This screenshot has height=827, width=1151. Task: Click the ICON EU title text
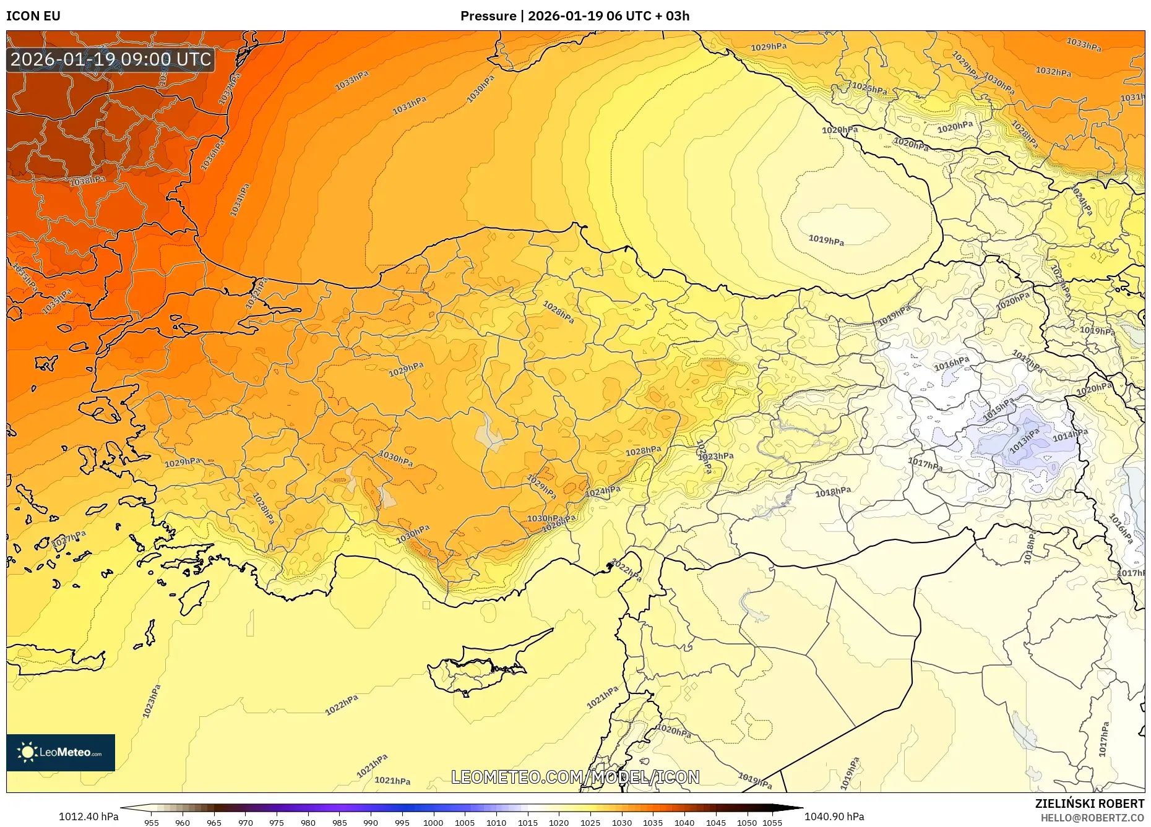coord(33,16)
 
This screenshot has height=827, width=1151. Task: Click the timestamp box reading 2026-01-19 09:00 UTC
coord(111,59)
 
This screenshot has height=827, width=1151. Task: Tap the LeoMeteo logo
coord(61,752)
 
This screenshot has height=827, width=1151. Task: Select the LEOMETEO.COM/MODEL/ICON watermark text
coord(575,777)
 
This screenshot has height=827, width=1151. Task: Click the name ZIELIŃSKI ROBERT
coord(1089,803)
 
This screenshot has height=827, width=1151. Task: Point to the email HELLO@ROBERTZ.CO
coord(1092,818)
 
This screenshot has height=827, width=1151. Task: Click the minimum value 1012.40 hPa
coord(88,816)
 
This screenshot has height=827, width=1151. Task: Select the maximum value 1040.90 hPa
coord(834,816)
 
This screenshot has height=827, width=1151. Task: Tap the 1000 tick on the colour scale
coord(433,823)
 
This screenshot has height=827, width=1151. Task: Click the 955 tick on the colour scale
coord(151,823)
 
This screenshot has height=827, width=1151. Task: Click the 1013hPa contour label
coord(1024,440)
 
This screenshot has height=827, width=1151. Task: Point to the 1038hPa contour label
coord(87,181)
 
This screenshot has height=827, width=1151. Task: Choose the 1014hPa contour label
coord(1070,435)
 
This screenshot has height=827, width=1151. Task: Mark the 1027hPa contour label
coord(69,539)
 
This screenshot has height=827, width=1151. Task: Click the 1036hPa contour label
coord(213,155)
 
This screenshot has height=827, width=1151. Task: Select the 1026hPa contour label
coord(558,523)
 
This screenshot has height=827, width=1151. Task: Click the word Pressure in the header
coord(488,16)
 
